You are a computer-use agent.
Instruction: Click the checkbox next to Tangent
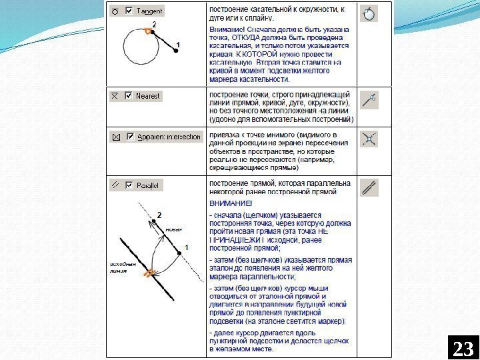tap(129, 11)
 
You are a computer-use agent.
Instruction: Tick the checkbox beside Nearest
tap(129, 96)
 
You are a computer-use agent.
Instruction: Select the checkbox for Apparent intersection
tap(129, 137)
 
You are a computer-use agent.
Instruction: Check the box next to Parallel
tap(129, 185)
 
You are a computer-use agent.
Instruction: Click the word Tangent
tap(149, 11)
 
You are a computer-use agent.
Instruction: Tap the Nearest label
tap(148, 96)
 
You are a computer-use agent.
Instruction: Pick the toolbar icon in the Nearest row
tap(369, 100)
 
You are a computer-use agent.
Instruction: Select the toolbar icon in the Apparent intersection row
tap(369, 139)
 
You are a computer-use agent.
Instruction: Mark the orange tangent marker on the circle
tap(147, 31)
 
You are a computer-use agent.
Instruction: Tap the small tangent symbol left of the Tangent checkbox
tap(115, 11)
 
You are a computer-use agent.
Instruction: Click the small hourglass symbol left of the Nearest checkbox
tap(115, 96)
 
